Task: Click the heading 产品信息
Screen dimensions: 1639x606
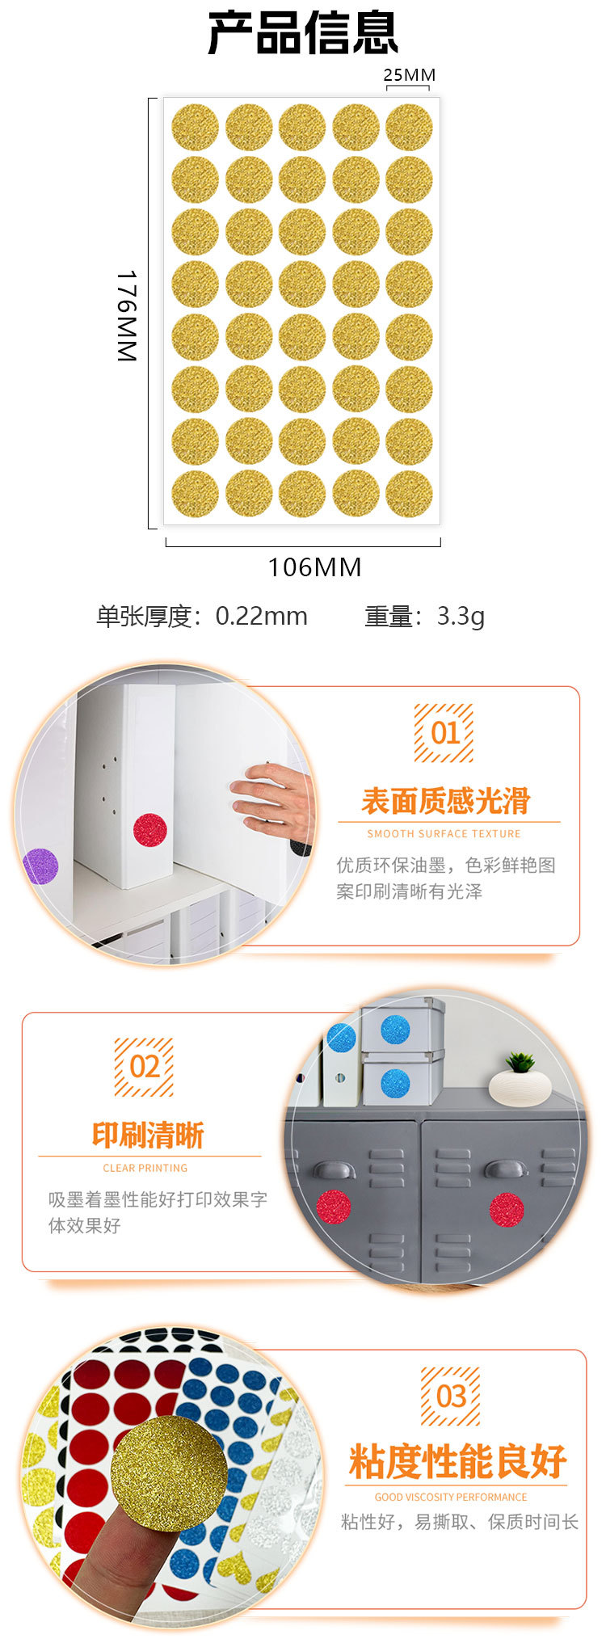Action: [x=303, y=34]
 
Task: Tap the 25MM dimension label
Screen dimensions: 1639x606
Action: [x=409, y=75]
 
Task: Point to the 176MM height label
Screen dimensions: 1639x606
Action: [x=128, y=315]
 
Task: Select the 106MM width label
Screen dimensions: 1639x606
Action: [x=314, y=567]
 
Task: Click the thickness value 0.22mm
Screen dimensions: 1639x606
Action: [x=261, y=617]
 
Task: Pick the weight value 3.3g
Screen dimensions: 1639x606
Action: [x=461, y=617]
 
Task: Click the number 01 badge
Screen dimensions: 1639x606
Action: [x=444, y=732]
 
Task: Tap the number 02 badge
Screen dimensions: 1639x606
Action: [x=144, y=1067]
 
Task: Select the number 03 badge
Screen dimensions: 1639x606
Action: [x=450, y=1396]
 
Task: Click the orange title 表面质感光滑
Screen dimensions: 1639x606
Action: [x=445, y=801]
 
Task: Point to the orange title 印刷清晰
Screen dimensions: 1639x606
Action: [x=148, y=1136]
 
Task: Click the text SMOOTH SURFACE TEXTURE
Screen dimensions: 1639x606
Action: [x=444, y=833]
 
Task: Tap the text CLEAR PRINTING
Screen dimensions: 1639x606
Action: [x=145, y=1168]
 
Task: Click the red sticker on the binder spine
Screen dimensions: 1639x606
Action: [x=149, y=830]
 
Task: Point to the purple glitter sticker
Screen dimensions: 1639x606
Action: [x=40, y=866]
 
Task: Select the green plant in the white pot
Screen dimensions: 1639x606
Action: [x=520, y=1062]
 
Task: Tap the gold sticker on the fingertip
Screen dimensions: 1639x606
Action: [x=169, y=1473]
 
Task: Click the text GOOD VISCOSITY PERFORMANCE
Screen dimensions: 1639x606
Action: [x=451, y=1497]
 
